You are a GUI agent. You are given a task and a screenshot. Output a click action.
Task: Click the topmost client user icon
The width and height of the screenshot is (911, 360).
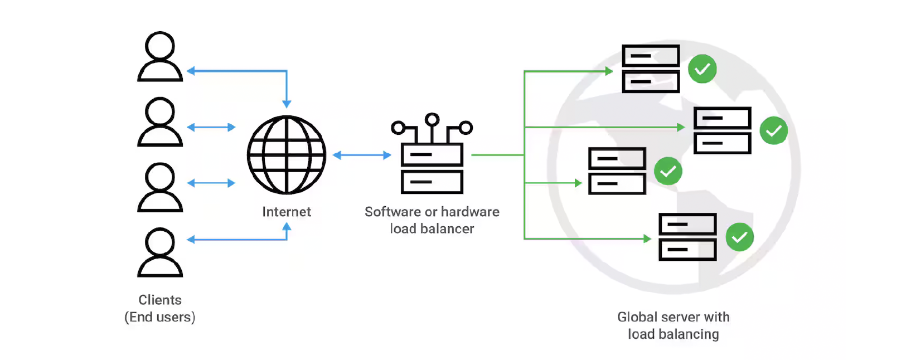160,56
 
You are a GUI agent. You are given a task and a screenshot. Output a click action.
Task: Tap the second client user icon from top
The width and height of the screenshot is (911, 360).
160,122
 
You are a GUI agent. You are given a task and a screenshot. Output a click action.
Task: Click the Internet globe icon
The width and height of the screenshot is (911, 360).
287,154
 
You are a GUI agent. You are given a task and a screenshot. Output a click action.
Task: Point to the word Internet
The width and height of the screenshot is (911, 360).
287,212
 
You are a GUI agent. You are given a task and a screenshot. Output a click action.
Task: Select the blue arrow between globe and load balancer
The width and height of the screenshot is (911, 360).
362,155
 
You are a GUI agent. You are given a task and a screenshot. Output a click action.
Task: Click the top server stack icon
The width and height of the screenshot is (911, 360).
651,69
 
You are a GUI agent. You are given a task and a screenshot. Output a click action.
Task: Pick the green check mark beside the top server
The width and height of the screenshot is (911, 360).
702,69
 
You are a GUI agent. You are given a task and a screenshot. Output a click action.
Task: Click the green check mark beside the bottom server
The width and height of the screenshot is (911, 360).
739,237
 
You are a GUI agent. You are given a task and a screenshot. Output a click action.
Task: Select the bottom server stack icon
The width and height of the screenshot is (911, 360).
687,237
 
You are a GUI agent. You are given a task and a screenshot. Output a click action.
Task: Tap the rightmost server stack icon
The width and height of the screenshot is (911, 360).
722,130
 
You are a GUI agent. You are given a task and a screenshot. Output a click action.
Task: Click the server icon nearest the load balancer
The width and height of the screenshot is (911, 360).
617,171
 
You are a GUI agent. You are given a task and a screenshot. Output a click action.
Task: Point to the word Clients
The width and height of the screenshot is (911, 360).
160,300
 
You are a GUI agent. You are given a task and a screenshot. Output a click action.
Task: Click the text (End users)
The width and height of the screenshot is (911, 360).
160,317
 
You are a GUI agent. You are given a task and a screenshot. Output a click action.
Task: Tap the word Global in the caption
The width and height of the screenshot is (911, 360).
637,317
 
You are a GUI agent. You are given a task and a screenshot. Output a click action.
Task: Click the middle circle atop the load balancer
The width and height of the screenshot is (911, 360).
432,119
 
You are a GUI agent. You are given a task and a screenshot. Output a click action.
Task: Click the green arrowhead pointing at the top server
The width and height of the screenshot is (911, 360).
609,71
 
